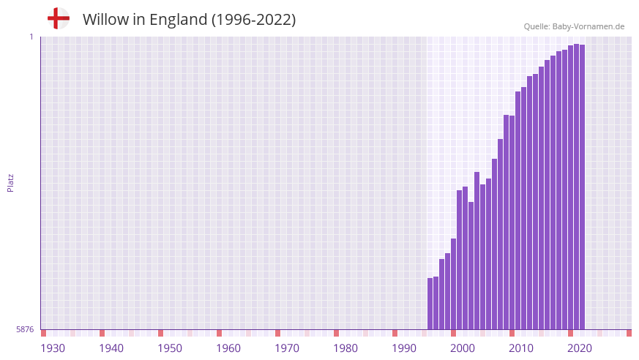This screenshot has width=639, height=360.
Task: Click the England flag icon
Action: (58, 18)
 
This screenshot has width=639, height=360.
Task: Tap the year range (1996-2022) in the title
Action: (253, 20)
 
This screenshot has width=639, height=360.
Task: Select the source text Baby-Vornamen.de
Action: (588, 26)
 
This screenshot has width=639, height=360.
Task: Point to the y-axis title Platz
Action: (10, 182)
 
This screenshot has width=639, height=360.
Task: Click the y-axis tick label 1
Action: (31, 37)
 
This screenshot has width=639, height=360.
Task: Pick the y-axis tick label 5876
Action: (25, 329)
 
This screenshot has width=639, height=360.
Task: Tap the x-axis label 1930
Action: (53, 348)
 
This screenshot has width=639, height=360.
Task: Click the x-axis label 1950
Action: (170, 348)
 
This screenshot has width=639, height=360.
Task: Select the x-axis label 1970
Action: (287, 348)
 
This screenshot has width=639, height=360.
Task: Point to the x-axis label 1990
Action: (404, 348)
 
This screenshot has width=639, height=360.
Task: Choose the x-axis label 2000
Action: (463, 348)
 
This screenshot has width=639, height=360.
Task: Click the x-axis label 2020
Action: (580, 348)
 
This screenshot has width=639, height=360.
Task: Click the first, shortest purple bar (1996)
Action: (430, 304)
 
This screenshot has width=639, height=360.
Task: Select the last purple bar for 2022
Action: (582, 187)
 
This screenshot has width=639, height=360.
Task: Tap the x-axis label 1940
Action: (111, 348)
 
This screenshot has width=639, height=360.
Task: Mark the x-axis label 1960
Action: (228, 348)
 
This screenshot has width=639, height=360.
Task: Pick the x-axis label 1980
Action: (345, 348)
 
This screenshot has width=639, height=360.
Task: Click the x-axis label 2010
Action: (521, 348)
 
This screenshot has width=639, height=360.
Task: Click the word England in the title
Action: (179, 20)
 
